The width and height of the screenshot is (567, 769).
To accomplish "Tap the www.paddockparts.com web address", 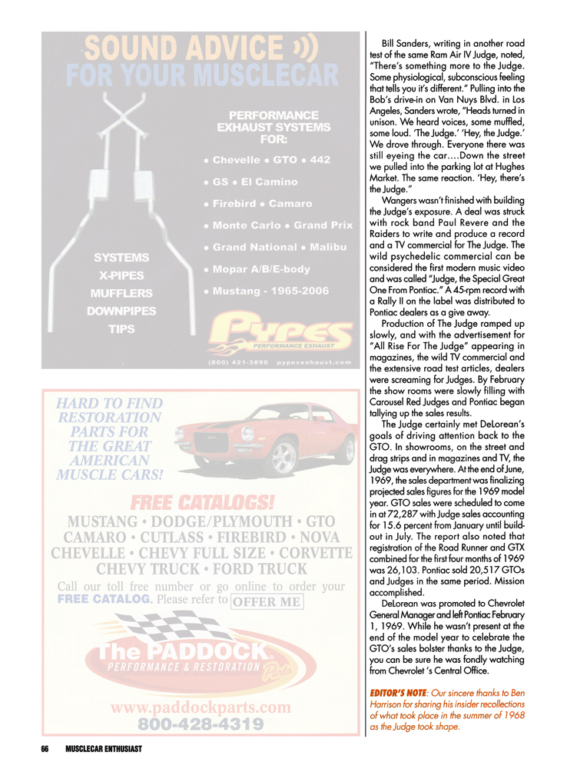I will pos(200,707).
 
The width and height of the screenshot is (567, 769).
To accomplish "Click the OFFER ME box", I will pos(266,624).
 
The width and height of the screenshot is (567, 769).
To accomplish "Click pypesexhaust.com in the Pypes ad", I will pos(317,362).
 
